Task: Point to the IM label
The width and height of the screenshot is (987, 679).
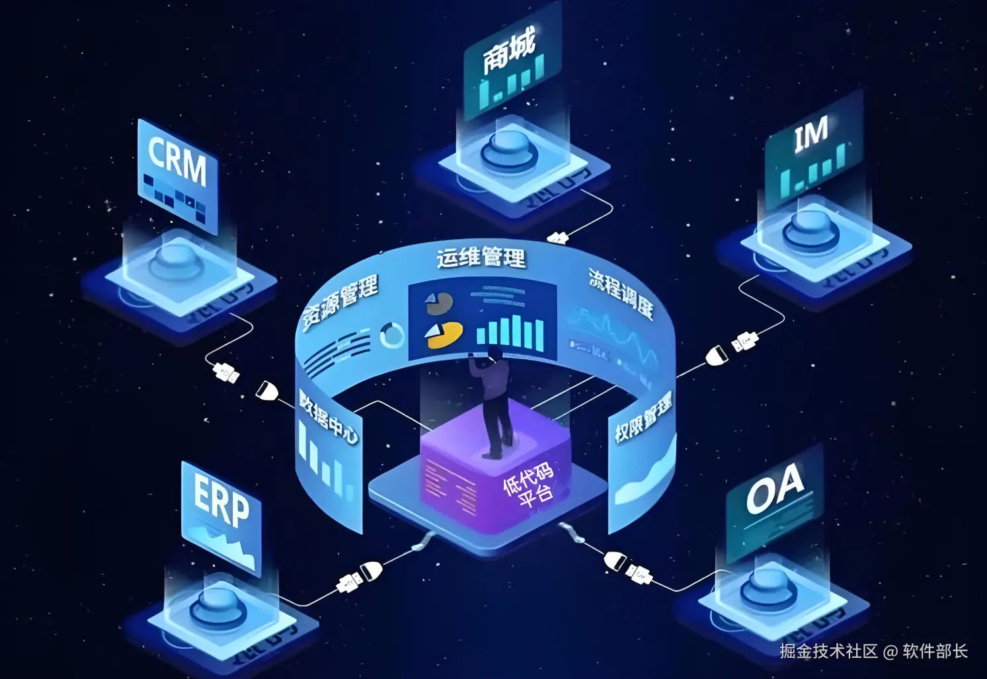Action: pos(810,134)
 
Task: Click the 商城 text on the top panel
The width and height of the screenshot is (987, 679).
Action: pos(508,52)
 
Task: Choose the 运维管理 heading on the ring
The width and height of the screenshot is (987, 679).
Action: pos(481,257)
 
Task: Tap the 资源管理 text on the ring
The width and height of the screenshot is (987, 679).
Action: pos(340,303)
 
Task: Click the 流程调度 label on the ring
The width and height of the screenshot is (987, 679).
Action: pos(621,294)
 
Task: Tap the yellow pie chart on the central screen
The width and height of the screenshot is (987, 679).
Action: pos(444,334)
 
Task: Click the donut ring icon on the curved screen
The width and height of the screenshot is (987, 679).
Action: pos(392,336)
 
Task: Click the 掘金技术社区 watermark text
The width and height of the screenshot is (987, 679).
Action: pos(828,651)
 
